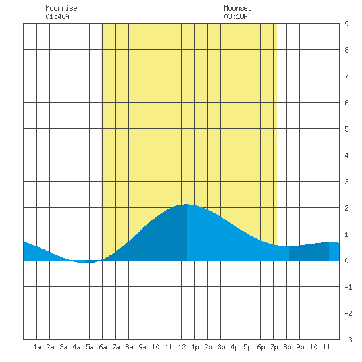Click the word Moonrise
pos(61,8)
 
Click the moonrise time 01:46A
pos(57,16)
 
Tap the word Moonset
pos(238,8)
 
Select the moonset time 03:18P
pos(236,16)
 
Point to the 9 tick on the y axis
pos(346,24)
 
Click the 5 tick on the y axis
pos(346,129)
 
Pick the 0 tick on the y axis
pos(346,261)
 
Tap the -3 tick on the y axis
pos(348,340)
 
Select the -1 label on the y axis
pos(348,287)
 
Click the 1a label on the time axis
pos(37,347)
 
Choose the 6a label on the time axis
pos(103,347)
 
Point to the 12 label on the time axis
pos(182,347)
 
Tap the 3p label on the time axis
pos(221,347)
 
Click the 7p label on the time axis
pos(274,347)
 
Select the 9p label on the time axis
pos(300,347)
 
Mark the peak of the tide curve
pos(186,204)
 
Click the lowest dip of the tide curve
pos(85,263)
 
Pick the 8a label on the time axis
pos(129,347)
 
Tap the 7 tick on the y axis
pos(346,76)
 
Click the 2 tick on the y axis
pos(346,208)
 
